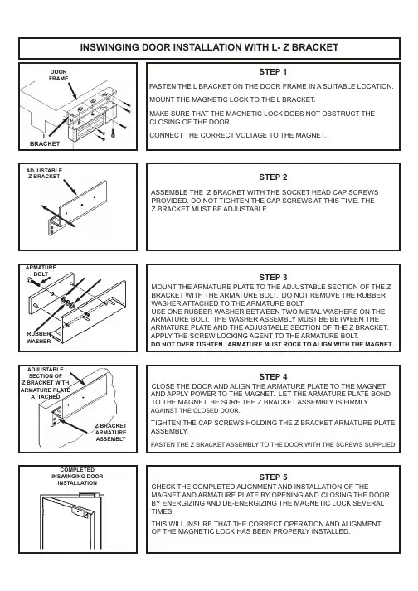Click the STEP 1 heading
[273, 72]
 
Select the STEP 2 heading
[273, 177]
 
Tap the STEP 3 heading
[273, 278]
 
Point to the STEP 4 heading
[273, 377]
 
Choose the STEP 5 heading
[273, 477]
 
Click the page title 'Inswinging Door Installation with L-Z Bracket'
[209, 47]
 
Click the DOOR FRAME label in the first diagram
[59, 75]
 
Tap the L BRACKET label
[45, 140]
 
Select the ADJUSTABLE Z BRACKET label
[44, 173]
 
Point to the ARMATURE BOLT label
[41, 270]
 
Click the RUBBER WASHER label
[38, 337]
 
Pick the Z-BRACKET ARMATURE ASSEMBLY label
[110, 433]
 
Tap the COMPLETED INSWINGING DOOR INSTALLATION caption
[77, 477]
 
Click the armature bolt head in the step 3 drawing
[30, 280]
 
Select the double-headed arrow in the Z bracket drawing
[58, 216]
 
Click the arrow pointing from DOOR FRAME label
[73, 91]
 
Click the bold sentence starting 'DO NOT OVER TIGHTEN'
[272, 345]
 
